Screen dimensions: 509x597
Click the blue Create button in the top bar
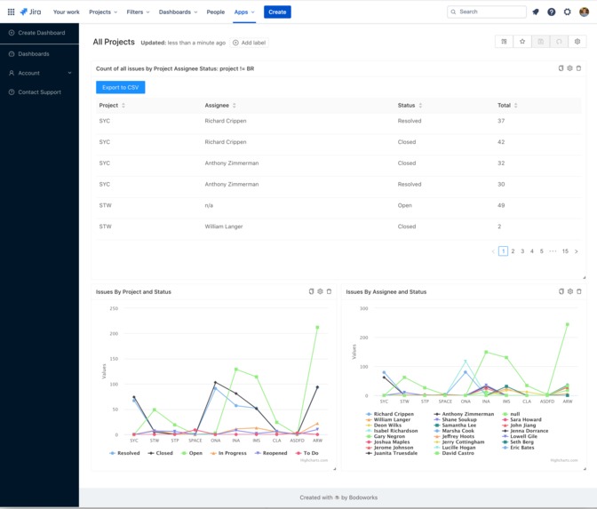(x=277, y=12)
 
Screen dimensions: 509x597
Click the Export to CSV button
(x=120, y=87)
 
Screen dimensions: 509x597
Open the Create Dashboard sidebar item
(x=41, y=33)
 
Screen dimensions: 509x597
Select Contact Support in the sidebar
(x=39, y=92)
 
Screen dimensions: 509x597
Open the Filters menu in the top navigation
(x=138, y=12)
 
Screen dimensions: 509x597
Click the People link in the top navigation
(x=215, y=12)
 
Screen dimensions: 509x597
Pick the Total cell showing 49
(x=501, y=205)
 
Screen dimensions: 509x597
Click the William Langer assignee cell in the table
(x=224, y=227)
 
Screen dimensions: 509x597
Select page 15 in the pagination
(x=565, y=251)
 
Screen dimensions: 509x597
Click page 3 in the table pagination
(x=522, y=251)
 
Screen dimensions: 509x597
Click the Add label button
(x=250, y=43)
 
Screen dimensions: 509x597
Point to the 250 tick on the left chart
(x=114, y=309)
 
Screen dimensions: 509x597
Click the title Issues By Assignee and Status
(x=386, y=291)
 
